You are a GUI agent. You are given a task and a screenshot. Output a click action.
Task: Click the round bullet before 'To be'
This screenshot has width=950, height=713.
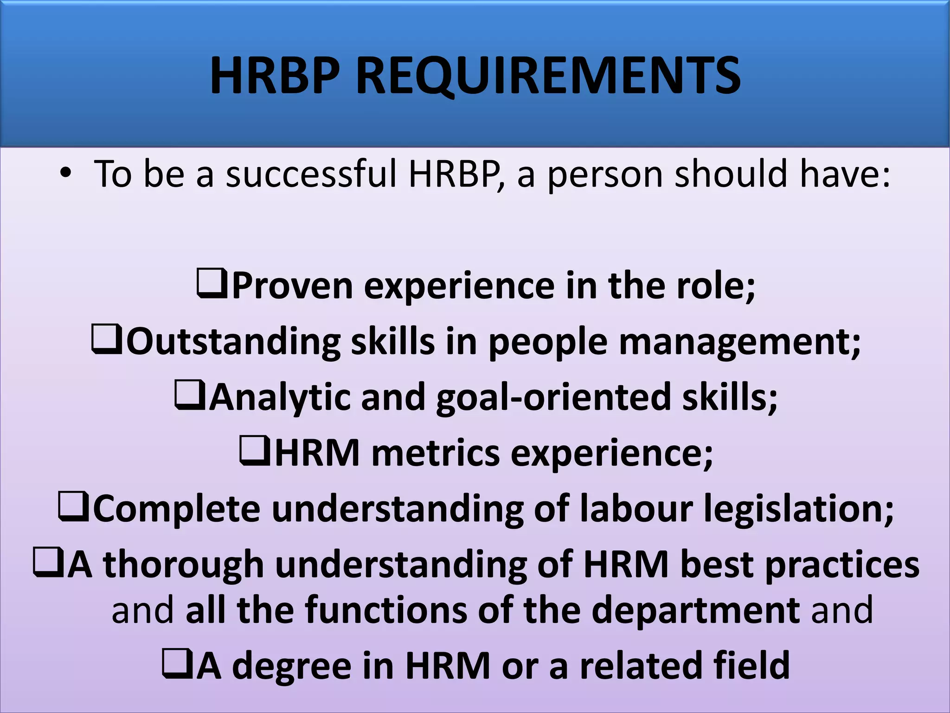coord(66,173)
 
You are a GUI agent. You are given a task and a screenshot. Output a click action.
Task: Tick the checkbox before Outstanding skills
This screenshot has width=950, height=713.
coord(107,339)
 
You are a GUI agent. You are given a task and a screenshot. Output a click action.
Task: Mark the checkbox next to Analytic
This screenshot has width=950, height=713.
coord(189,395)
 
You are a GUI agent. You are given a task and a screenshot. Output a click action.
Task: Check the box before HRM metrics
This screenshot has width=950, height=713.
coord(255,451)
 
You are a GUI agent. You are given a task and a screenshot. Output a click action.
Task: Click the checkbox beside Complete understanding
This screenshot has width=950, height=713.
coord(73,506)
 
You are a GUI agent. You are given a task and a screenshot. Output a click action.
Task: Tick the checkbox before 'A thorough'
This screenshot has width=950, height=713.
coord(48,562)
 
